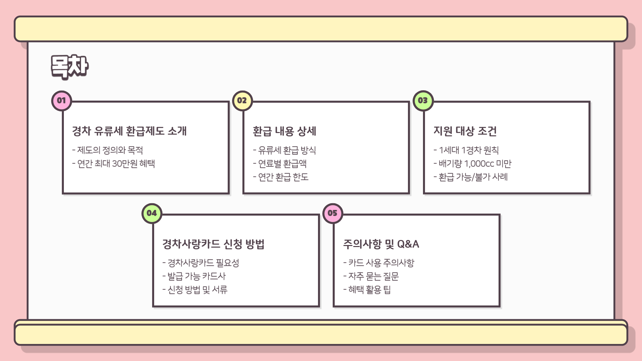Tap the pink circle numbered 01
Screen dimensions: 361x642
pyautogui.click(x=62, y=101)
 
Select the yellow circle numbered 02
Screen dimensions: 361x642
pyautogui.click(x=242, y=101)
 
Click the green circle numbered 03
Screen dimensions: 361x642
pyautogui.click(x=423, y=101)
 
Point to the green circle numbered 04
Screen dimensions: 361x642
pyautogui.click(x=152, y=213)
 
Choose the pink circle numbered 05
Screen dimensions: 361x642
pyautogui.click(x=332, y=213)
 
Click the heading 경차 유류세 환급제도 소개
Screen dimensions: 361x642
pyautogui.click(x=129, y=131)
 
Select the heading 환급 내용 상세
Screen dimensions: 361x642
pyautogui.click(x=285, y=131)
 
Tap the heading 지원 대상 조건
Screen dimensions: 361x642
pyautogui.click(x=465, y=131)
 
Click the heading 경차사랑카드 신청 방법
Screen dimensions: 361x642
pyautogui.click(x=213, y=244)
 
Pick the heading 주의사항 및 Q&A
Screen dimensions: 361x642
pyautogui.click(x=381, y=244)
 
